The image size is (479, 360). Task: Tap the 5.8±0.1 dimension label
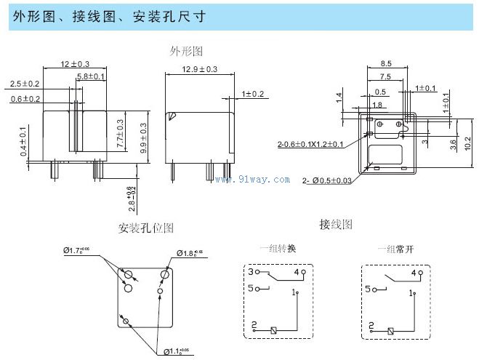[91, 76]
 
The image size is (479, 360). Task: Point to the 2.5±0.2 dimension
[25, 84]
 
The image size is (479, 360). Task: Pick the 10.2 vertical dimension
[468, 143]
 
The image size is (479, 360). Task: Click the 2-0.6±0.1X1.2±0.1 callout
[310, 144]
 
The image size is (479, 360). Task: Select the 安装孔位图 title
[146, 228]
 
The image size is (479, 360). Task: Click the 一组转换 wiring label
[278, 249]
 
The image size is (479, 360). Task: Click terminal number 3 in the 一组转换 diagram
[251, 272]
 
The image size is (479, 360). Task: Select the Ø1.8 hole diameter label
[190, 253]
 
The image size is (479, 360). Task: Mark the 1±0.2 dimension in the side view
[254, 94]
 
